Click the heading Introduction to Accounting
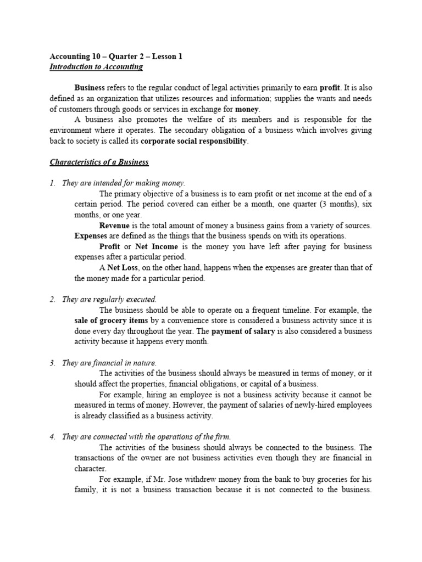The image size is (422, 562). (96, 67)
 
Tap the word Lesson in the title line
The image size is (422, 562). (163, 57)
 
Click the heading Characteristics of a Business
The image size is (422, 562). (99, 162)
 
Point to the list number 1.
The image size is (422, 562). (52, 183)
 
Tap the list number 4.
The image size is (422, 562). (52, 436)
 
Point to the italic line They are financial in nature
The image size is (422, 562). (109, 363)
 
